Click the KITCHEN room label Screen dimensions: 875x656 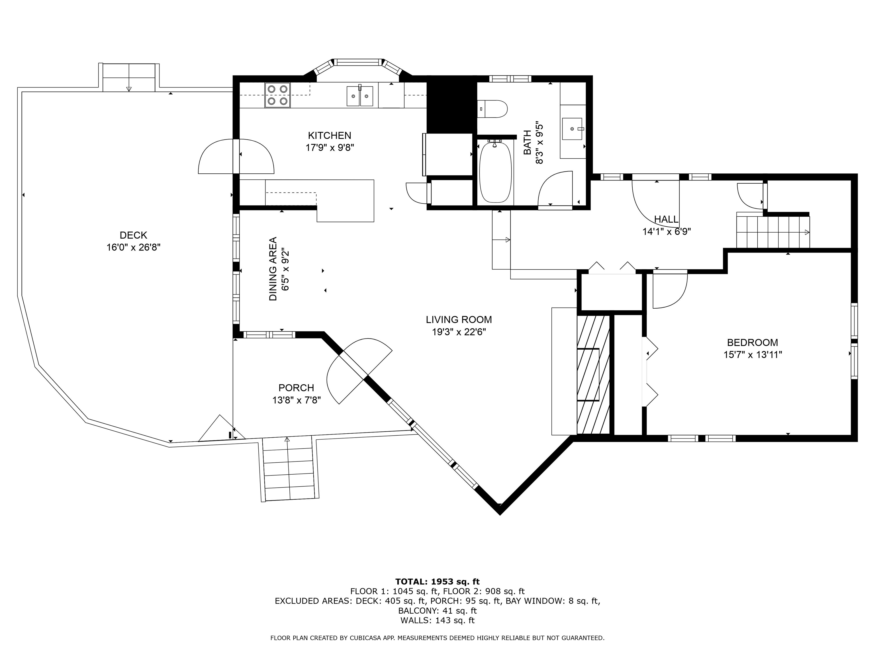pyautogui.click(x=330, y=136)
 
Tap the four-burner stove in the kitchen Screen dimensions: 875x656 pyautogui.click(x=277, y=95)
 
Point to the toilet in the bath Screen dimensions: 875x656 pyautogui.click(x=492, y=109)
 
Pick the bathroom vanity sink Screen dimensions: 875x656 pyautogui.click(x=572, y=129)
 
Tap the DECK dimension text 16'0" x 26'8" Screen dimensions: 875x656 pyautogui.click(x=133, y=247)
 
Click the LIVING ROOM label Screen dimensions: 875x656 pyautogui.click(x=459, y=319)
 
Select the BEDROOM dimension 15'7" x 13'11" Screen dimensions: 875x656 pyautogui.click(x=753, y=355)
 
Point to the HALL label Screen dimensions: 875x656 pyautogui.click(x=667, y=219)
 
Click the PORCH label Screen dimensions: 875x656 pyautogui.click(x=296, y=388)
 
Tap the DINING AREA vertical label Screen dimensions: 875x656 pyautogui.click(x=273, y=269)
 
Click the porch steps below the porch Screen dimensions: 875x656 pyautogui.click(x=290, y=469)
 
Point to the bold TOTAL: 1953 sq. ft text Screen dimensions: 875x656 pyautogui.click(x=437, y=582)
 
